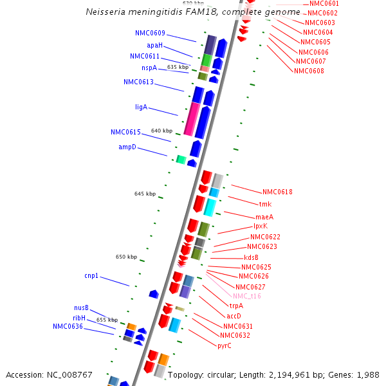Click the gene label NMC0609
click(x=150, y=33)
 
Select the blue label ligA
click(x=141, y=107)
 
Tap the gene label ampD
click(x=127, y=147)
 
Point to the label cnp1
click(x=91, y=275)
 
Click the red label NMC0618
click(x=277, y=192)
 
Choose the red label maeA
click(x=264, y=217)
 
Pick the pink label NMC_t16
click(x=247, y=296)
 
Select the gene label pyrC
click(x=225, y=345)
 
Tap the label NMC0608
click(x=309, y=71)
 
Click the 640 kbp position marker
click(x=161, y=131)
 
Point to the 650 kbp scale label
click(x=126, y=257)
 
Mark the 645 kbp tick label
click(x=145, y=194)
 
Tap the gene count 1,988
click(x=367, y=374)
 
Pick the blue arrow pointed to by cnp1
click(x=154, y=294)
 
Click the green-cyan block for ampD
click(x=181, y=160)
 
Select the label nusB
click(x=81, y=308)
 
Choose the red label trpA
click(x=236, y=306)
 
